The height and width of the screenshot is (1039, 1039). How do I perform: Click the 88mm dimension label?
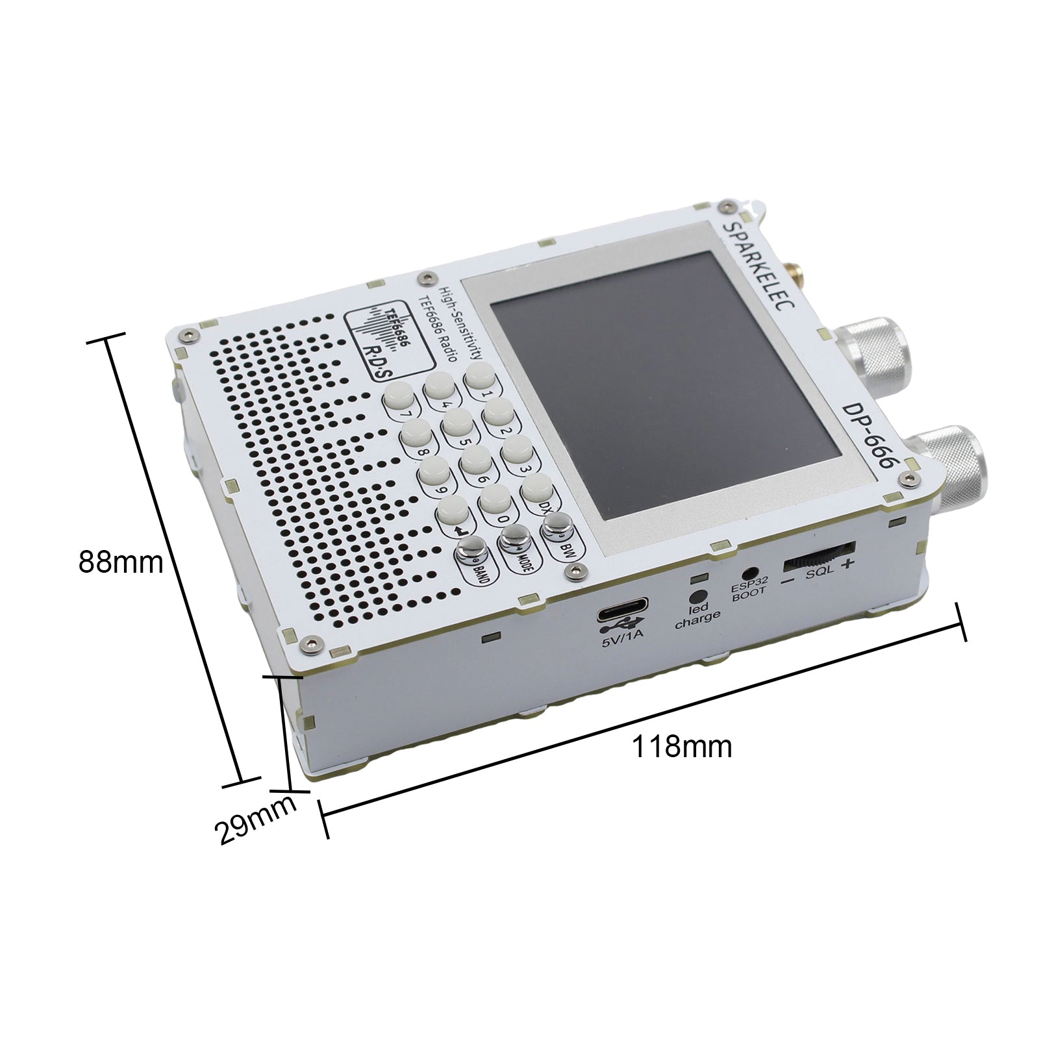tap(121, 562)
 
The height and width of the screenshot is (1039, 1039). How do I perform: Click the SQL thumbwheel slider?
tap(820, 557)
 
